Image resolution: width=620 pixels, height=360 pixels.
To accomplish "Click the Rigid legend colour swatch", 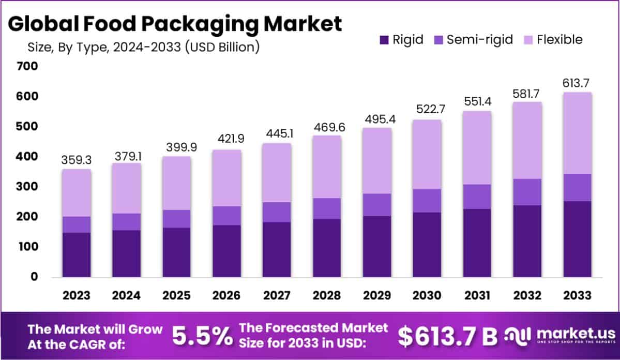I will point(384,40).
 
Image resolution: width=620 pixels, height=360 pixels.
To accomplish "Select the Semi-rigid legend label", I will point(479,40).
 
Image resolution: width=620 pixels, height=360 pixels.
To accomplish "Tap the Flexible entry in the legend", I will point(559,40).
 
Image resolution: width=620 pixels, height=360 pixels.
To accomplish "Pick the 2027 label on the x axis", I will point(277,295).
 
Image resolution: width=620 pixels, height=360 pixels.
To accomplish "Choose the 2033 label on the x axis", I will point(578,295).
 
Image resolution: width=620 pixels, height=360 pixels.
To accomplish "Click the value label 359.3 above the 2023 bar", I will point(77,160).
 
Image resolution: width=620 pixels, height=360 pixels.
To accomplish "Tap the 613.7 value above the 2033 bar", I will point(577,83).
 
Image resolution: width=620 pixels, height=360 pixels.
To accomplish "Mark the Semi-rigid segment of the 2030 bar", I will point(427,201).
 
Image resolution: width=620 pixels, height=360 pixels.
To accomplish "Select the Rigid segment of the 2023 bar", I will point(77,254).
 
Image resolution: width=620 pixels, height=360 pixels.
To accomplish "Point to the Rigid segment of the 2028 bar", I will point(327,248).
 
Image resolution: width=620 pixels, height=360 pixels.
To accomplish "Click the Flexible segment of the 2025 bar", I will point(176,183).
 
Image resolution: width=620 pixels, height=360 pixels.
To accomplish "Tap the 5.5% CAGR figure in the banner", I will point(202,336).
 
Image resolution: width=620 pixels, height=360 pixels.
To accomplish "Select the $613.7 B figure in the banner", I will point(447,336).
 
